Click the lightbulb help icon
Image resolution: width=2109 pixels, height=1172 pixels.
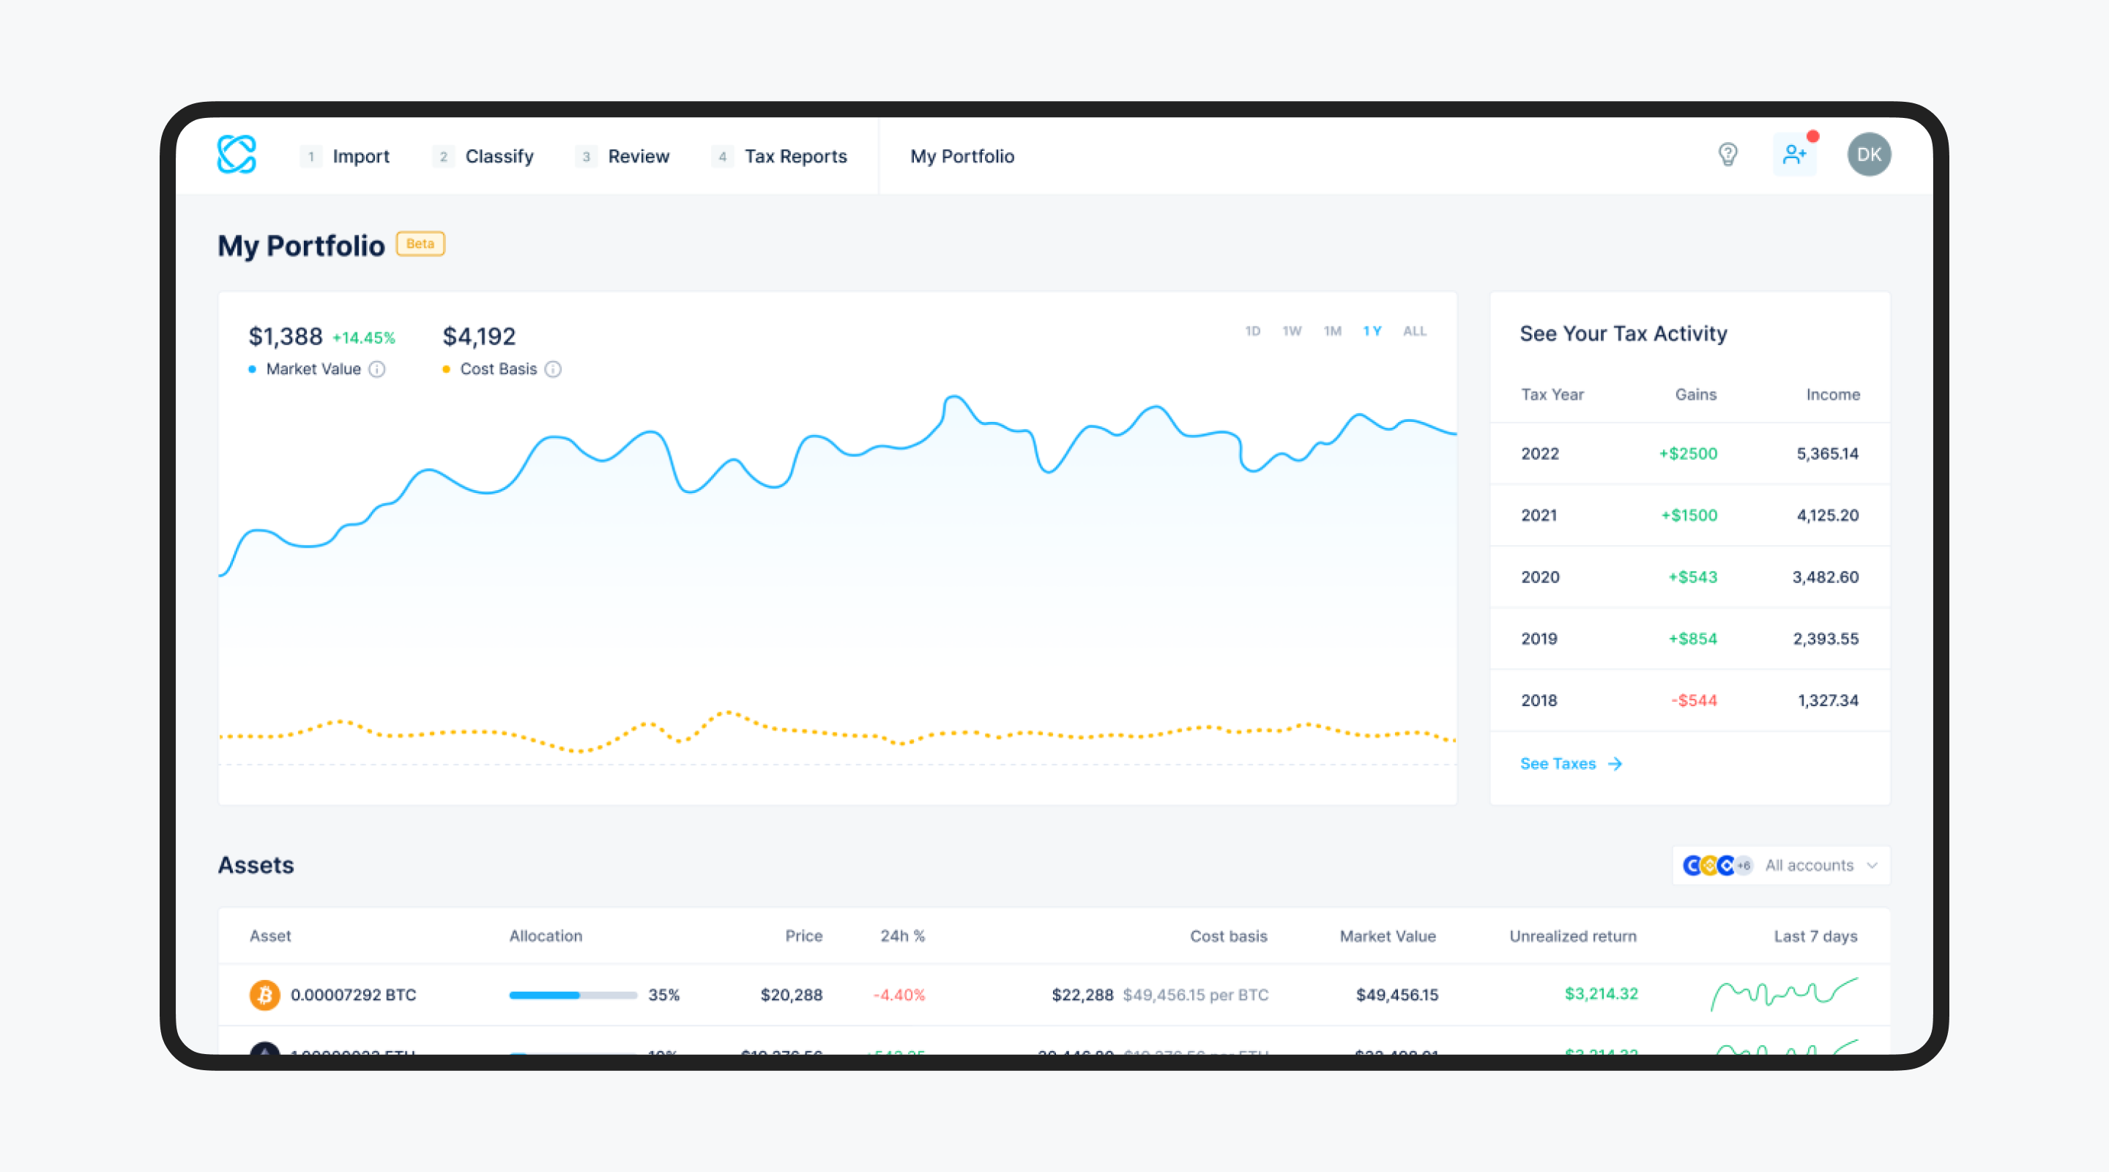click(1727, 154)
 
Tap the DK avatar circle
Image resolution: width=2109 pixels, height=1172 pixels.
click(1868, 154)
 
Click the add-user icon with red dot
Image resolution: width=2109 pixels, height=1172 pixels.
click(1795, 154)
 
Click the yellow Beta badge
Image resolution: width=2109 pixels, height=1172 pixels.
click(420, 244)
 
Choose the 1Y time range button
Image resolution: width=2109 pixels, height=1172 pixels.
click(1372, 331)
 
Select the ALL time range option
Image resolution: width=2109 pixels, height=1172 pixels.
click(1415, 331)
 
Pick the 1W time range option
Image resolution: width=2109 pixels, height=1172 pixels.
click(1292, 331)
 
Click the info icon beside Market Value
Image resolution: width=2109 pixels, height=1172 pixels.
click(376, 369)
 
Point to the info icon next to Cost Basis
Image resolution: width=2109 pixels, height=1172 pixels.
click(554, 369)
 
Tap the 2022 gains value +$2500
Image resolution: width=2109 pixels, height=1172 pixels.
click(1688, 453)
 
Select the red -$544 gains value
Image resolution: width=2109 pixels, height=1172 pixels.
click(1694, 700)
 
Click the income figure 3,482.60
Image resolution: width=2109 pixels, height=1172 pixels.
click(1825, 576)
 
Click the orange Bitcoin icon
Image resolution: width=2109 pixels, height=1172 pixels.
click(264, 994)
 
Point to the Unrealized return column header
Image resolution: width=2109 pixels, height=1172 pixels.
click(1573, 936)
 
